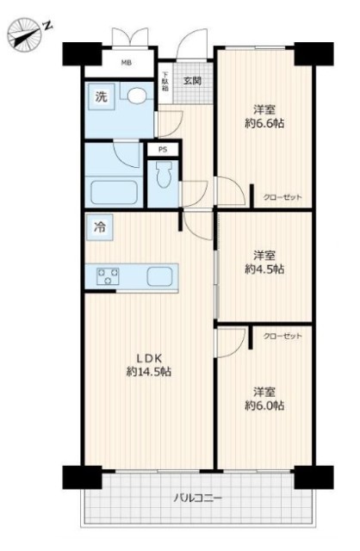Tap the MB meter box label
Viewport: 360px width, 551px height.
point(127,63)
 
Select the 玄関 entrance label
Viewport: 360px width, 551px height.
point(193,81)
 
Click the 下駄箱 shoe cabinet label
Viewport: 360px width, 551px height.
point(165,82)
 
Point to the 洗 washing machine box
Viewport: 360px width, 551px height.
point(102,96)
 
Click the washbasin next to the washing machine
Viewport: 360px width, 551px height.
point(136,96)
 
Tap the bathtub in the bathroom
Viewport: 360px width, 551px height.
point(114,192)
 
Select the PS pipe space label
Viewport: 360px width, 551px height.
point(163,150)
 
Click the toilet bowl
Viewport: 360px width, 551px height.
point(164,175)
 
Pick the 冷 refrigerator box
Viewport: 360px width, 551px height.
point(100,227)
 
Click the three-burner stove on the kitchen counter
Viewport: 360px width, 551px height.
point(108,276)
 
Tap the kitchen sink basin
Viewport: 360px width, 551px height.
point(160,276)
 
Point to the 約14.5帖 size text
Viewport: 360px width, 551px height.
point(149,372)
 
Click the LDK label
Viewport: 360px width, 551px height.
point(149,358)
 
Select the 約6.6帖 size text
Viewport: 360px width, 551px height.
point(264,123)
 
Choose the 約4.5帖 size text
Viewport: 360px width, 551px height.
point(264,269)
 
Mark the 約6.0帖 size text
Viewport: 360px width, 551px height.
point(264,406)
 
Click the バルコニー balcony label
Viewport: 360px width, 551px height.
point(198,498)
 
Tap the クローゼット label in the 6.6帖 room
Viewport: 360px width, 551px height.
point(282,197)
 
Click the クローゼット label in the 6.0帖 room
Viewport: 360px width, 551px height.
point(282,337)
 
